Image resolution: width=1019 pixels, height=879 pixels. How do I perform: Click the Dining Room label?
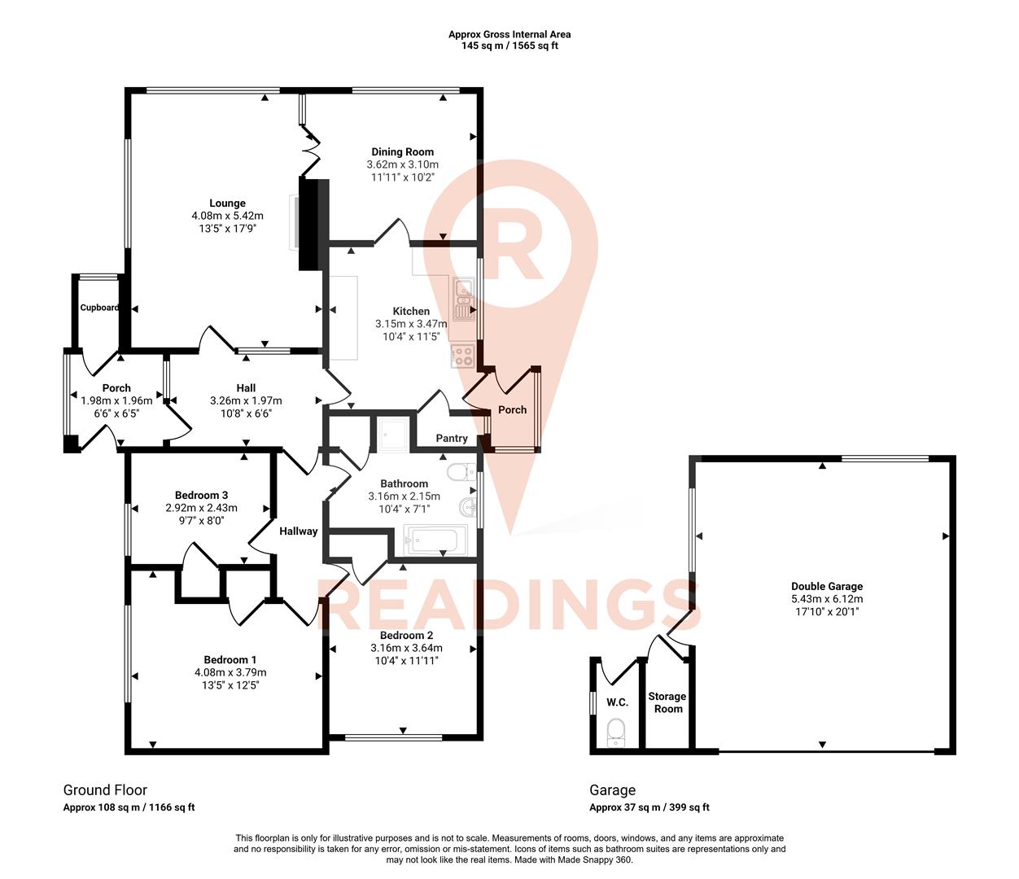[x=402, y=151]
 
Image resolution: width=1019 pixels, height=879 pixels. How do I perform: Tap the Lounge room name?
[x=227, y=203]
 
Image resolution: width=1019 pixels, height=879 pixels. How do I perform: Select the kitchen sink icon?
[x=465, y=299]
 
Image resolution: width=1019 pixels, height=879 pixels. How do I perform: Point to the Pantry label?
[x=452, y=438]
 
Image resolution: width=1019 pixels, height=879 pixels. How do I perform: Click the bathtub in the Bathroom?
[x=435, y=540]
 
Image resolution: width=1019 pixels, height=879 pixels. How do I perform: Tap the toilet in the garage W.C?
[x=616, y=731]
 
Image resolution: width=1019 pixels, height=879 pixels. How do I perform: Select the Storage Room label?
[x=667, y=702]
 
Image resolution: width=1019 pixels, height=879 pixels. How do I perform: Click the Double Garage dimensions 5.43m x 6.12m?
[x=827, y=598]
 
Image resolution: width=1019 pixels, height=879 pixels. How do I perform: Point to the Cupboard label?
[x=99, y=308]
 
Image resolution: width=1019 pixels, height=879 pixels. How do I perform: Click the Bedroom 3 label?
[x=201, y=495]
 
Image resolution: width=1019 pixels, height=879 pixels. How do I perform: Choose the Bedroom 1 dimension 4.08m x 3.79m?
[x=230, y=672]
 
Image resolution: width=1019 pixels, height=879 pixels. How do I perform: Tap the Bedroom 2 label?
[x=406, y=636]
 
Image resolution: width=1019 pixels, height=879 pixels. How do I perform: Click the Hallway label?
[x=298, y=531]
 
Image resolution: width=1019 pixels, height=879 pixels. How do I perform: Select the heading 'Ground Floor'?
[x=105, y=789]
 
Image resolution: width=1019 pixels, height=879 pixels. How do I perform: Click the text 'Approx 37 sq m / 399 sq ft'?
[x=649, y=807]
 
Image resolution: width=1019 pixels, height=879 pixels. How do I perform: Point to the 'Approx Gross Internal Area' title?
[x=510, y=34]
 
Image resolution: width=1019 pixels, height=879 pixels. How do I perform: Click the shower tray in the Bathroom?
[x=395, y=435]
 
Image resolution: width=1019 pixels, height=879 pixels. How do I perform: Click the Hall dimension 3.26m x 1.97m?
[x=246, y=400]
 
